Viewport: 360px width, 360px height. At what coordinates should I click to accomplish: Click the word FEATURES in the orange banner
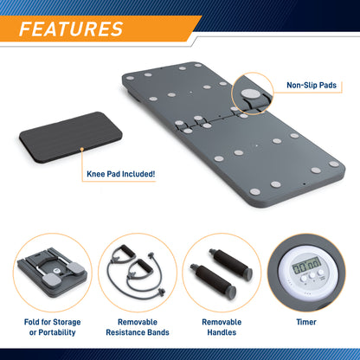[x=71, y=29]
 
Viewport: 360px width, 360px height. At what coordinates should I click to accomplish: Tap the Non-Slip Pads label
[x=312, y=85]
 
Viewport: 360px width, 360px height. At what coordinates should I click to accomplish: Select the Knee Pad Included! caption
[x=121, y=174]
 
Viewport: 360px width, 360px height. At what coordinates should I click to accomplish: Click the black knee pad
[x=71, y=137]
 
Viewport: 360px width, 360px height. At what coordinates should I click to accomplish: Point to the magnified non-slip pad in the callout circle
[x=250, y=93]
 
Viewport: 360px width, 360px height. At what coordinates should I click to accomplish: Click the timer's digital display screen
[x=306, y=266]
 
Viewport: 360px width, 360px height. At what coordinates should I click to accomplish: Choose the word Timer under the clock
[x=306, y=322]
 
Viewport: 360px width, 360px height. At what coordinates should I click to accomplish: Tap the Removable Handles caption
[x=222, y=327]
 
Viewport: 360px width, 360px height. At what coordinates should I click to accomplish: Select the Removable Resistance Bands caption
[x=138, y=327]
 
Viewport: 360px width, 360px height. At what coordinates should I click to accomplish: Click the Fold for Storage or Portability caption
[x=52, y=327]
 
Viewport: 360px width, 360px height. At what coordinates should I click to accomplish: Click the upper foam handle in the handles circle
[x=230, y=263]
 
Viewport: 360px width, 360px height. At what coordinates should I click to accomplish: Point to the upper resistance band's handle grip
[x=127, y=252]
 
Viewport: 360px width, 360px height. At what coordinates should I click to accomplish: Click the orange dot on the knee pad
[x=82, y=149]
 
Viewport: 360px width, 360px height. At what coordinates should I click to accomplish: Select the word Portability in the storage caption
[x=57, y=332]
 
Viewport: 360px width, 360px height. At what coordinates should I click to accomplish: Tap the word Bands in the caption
[x=158, y=332]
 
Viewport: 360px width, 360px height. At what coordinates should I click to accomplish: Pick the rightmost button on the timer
[x=321, y=273]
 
